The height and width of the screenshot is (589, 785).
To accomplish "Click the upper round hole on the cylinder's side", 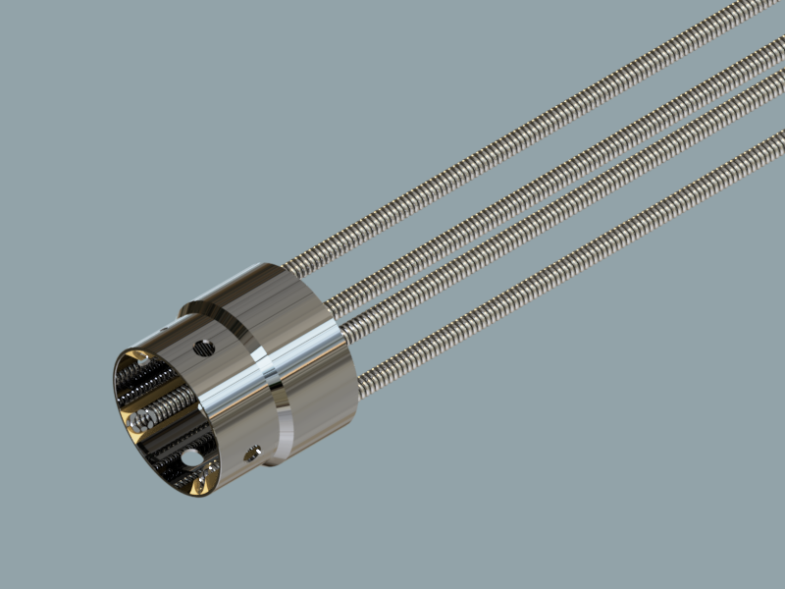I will coord(204,347).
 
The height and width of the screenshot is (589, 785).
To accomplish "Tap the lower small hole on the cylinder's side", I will coord(251,453).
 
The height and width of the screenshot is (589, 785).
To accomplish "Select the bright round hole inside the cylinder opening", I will coord(192,457).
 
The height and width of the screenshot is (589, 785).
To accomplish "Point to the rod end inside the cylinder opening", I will coord(142,420).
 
